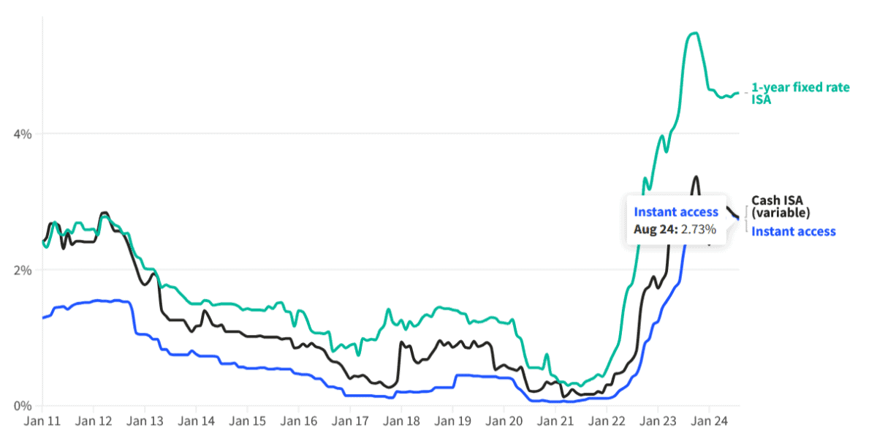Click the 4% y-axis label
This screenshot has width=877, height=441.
23,134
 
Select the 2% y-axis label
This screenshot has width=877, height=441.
23,270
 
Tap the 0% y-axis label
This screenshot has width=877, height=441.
23,406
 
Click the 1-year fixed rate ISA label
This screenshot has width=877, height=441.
800,93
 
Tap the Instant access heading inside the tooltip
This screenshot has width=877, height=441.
676,212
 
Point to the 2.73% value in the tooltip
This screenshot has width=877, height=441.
697,229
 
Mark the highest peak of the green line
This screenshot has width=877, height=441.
694,33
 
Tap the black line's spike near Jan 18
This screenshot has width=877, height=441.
401,342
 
